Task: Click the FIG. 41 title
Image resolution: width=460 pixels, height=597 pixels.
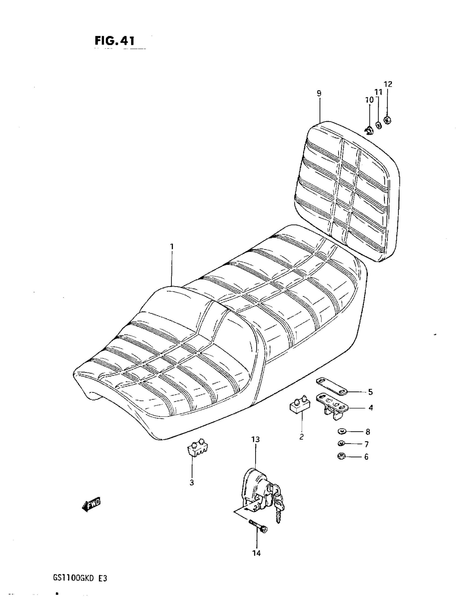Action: [x=114, y=41]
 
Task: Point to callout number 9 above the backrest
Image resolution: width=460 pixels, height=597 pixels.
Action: [x=319, y=93]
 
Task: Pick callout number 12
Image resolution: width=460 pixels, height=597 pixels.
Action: [x=388, y=84]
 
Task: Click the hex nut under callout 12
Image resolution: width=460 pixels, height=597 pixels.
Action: [x=387, y=120]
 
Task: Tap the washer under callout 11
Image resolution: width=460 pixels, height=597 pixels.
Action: [x=379, y=125]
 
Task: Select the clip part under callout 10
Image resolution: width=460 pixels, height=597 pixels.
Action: [x=369, y=131]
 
